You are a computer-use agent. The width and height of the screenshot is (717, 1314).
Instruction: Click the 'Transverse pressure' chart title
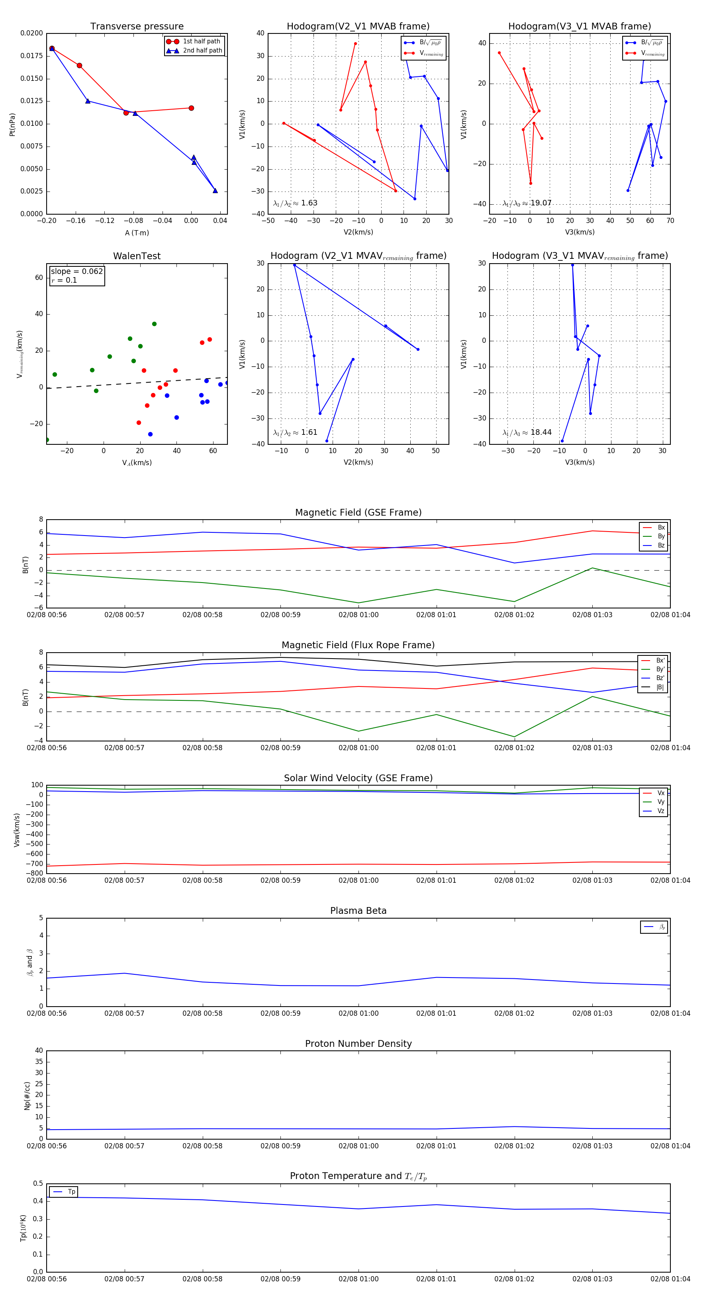pyautogui.click(x=137, y=27)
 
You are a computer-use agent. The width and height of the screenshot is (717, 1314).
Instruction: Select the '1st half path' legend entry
pyautogui.click(x=201, y=41)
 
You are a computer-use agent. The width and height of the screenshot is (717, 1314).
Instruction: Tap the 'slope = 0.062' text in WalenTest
pyautogui.click(x=76, y=272)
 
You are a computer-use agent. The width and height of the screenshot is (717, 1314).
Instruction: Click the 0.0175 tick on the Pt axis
pyautogui.click(x=31, y=56)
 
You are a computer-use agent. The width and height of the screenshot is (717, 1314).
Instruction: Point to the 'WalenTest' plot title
pyautogui.click(x=137, y=256)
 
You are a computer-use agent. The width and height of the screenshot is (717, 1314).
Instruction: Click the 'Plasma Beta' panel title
pyautogui.click(x=358, y=911)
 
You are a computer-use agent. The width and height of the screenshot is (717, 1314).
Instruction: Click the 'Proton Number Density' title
pyautogui.click(x=358, y=1044)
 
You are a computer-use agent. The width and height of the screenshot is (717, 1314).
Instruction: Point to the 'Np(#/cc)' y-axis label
pyautogui.click(x=27, y=1096)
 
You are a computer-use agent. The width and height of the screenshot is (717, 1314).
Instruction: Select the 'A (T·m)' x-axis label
pyautogui.click(x=137, y=233)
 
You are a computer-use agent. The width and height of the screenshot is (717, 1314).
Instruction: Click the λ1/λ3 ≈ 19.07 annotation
pyautogui.click(x=527, y=203)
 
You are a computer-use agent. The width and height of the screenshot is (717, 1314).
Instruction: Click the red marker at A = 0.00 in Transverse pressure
pyautogui.click(x=191, y=108)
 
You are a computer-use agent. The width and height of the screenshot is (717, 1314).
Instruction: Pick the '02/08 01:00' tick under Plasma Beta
pyautogui.click(x=358, y=1013)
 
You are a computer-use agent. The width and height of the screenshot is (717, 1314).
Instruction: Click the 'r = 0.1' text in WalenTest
pyautogui.click(x=64, y=281)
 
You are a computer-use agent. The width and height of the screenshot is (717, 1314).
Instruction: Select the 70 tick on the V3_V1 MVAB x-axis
pyautogui.click(x=670, y=221)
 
